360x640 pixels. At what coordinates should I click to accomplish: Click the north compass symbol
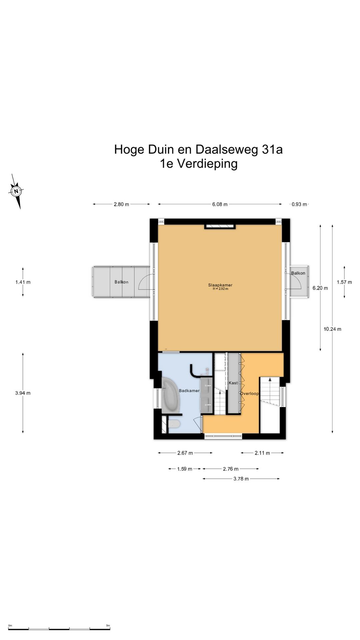[16, 191]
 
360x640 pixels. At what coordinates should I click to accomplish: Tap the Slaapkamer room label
[220, 285]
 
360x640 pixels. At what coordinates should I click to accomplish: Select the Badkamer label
[189, 391]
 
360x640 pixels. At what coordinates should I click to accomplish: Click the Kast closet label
[233, 383]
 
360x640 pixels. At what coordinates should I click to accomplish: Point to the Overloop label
[250, 393]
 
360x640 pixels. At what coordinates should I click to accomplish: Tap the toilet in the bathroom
[174, 424]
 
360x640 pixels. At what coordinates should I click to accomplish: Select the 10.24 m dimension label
[332, 329]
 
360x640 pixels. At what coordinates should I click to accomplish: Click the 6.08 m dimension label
[220, 204]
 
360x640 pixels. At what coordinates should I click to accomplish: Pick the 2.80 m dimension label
[121, 204]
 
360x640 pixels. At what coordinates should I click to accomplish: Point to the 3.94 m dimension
[23, 393]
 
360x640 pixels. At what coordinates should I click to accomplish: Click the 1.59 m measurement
[184, 469]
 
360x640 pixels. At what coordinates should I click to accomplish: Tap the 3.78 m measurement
[241, 479]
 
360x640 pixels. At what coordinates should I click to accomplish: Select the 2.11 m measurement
[262, 453]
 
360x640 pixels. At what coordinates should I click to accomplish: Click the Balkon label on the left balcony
[121, 282]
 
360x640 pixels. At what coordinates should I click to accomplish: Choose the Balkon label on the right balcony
[298, 273]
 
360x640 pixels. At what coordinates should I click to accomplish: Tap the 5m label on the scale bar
[108, 626]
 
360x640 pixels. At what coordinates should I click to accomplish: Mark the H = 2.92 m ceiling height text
[221, 289]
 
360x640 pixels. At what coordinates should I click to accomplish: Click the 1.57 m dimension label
[344, 282]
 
